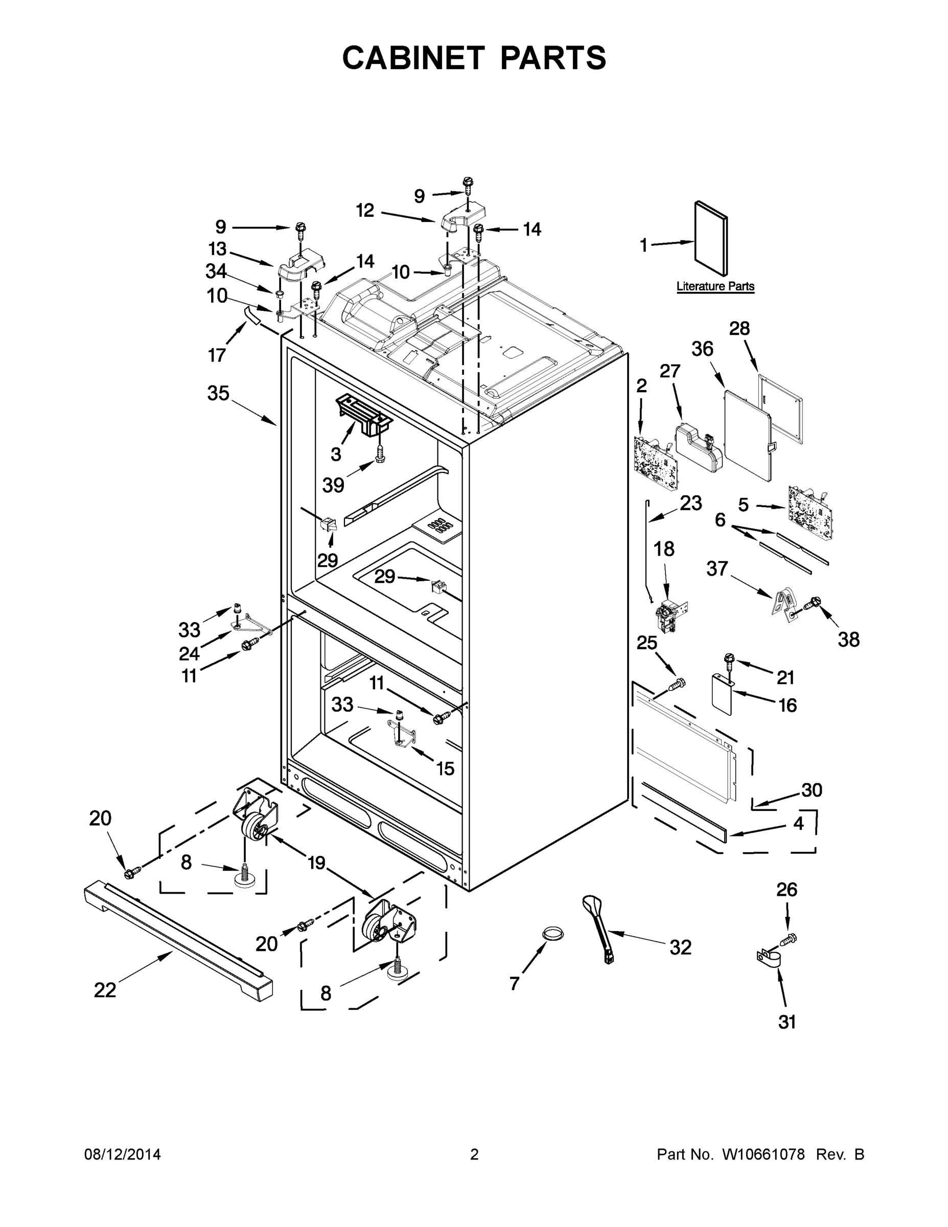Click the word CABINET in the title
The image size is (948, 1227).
coord(413,57)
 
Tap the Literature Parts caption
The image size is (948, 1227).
coord(715,286)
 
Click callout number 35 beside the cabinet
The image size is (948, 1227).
coord(218,393)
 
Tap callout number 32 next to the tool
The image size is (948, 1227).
coord(681,948)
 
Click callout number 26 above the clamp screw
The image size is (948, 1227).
coord(787,890)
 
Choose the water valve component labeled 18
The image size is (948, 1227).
coord(670,616)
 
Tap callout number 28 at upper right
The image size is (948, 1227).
coord(739,329)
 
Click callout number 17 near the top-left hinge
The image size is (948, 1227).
coord(217,355)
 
